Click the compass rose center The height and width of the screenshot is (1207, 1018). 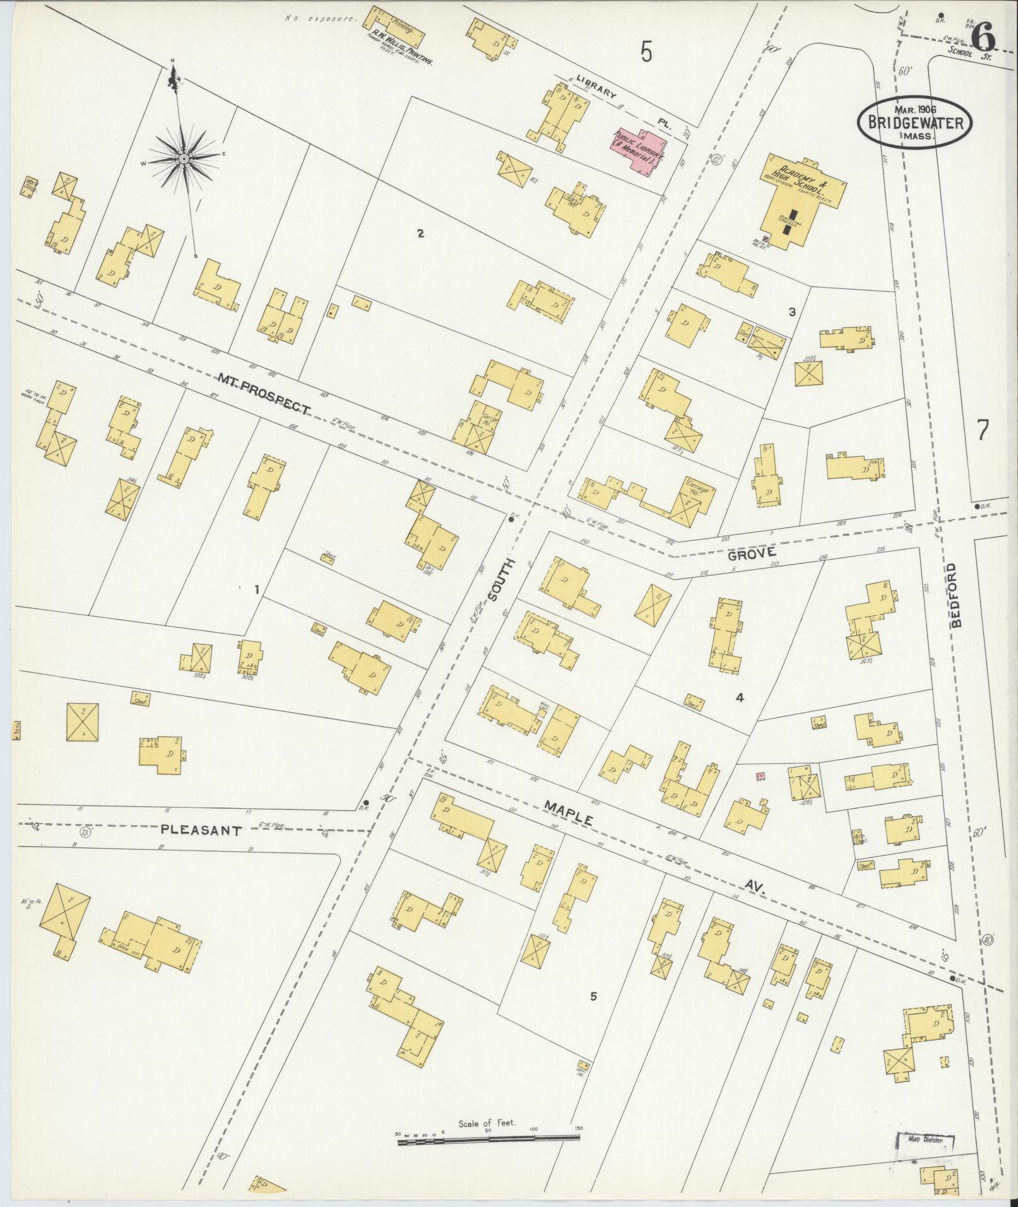pos(183,158)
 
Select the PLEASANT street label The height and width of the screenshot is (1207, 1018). pos(201,830)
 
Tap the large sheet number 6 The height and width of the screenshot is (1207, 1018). pos(983,39)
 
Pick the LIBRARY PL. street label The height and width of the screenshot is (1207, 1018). pos(618,101)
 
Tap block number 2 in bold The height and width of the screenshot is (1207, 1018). pos(420,234)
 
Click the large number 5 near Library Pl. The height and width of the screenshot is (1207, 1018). pos(646,51)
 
